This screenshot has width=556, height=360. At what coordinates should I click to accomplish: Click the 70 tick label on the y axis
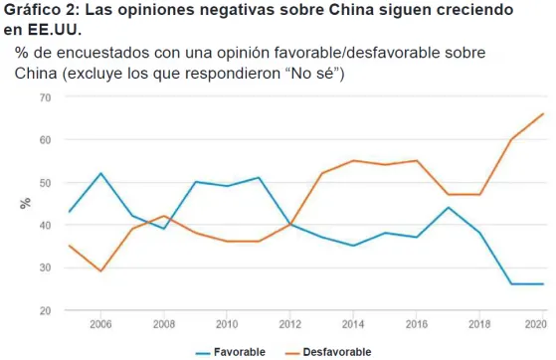coord(45,97)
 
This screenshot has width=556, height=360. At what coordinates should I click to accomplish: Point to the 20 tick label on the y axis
coord(45,310)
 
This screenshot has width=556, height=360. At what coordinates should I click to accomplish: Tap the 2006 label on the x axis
coord(100,324)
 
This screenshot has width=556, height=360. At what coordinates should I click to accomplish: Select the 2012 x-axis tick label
coord(290,324)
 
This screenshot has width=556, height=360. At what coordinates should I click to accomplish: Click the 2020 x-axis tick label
coord(536,324)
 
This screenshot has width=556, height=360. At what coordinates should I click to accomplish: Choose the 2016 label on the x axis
coord(417,324)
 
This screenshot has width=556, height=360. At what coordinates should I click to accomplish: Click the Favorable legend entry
coord(231,352)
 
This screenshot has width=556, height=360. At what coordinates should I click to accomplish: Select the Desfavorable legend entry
coord(328,352)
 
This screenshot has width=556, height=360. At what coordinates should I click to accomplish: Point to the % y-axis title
coord(25,203)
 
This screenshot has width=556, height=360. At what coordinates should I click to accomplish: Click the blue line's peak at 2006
coord(101,173)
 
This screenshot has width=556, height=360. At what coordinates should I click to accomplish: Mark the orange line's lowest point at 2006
coord(101,271)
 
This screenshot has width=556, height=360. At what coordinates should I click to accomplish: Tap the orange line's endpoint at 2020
coord(543,113)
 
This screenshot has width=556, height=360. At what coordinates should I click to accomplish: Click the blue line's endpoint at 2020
coord(543,283)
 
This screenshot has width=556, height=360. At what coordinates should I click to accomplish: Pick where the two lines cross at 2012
coord(290,225)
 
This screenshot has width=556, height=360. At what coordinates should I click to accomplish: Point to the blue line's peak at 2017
coord(449,208)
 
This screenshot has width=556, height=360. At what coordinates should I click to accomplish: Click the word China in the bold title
coord(351,10)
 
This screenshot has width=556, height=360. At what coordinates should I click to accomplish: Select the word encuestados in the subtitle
coord(103,53)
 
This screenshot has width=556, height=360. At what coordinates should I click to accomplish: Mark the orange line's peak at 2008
coord(164,216)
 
